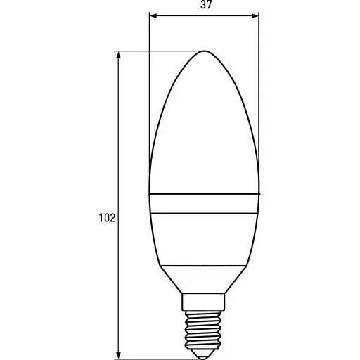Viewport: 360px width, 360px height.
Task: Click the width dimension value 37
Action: pos(205,5)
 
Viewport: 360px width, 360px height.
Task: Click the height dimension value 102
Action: pos(106,219)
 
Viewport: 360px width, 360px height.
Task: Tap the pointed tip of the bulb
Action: pos(205,51)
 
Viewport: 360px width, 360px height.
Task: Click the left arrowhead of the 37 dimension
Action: pos(153,14)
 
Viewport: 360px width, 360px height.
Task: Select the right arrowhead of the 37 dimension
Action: pos(255,14)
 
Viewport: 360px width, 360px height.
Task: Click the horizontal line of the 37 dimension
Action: pos(205,14)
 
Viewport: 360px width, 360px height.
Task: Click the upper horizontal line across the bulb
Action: pos(205,193)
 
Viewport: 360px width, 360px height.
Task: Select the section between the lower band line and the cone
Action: pos(205,239)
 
